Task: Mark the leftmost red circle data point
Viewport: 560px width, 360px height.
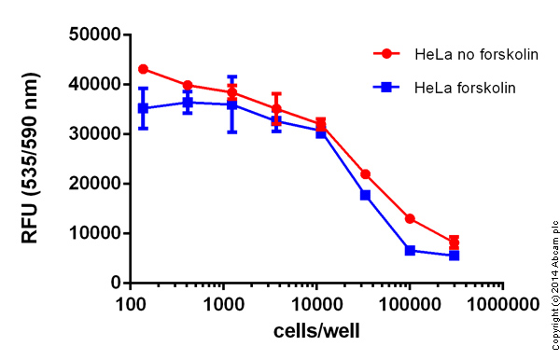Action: [143, 69]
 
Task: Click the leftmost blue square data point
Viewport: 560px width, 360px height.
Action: [143, 108]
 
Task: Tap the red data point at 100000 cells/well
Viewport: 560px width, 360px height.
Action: [410, 218]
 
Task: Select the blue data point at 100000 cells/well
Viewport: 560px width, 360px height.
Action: [410, 250]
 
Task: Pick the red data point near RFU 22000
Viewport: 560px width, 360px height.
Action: [365, 174]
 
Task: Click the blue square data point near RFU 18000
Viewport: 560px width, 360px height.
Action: [365, 195]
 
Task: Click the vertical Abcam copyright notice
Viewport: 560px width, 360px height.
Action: [553, 270]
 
